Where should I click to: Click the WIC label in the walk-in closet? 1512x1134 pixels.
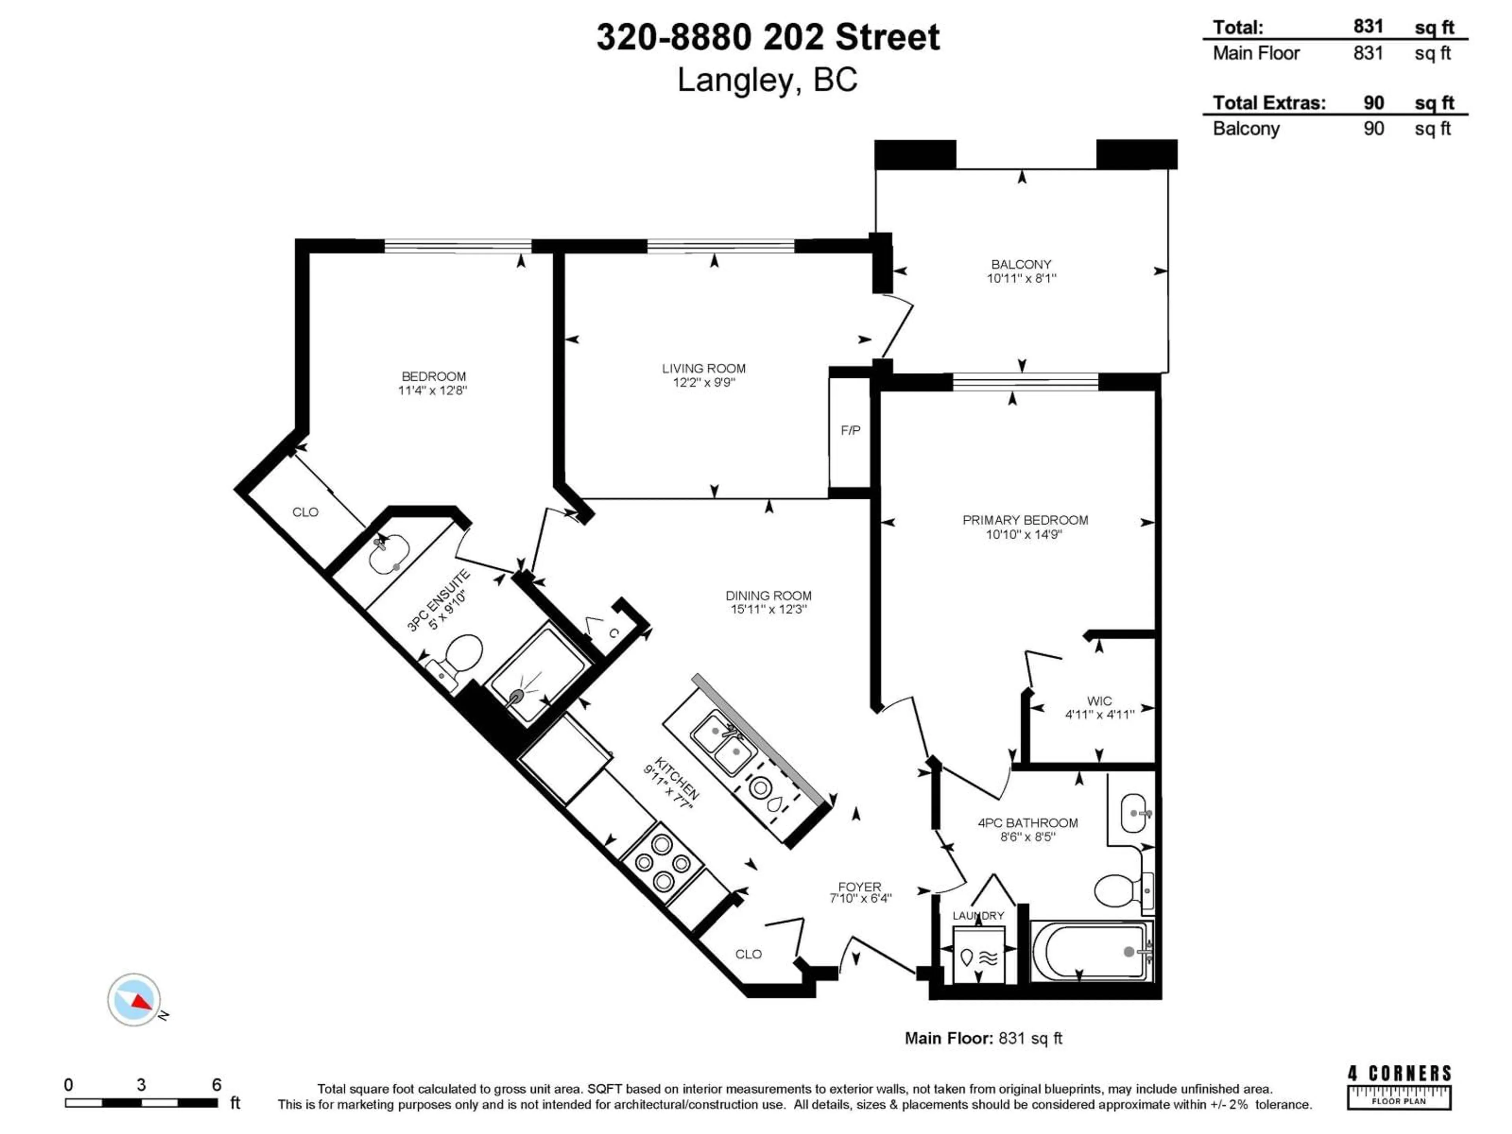pyautogui.click(x=1099, y=700)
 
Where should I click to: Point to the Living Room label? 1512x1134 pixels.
pyautogui.click(x=703, y=369)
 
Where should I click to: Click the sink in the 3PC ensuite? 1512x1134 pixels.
pyautogui.click(x=388, y=554)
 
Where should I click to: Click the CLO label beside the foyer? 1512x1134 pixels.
pyautogui.click(x=749, y=954)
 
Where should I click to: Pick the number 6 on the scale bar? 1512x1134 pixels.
pyautogui.click(x=217, y=1085)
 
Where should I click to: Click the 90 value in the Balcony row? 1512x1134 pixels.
pyautogui.click(x=1373, y=128)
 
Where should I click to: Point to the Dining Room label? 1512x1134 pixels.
pyautogui.click(x=768, y=595)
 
